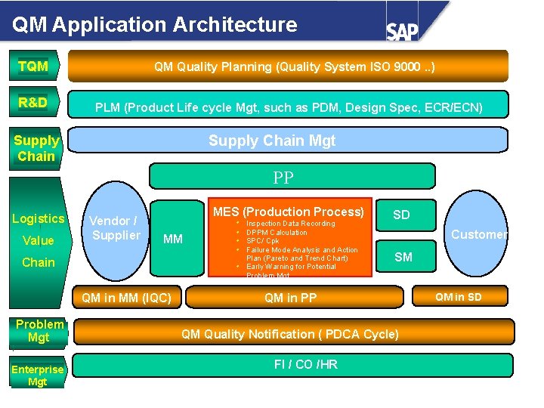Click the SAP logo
point(403,31)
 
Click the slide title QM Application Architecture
point(155,24)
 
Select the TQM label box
point(34,66)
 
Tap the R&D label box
point(34,103)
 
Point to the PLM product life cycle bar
point(289,107)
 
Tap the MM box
point(174,239)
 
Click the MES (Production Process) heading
point(289,212)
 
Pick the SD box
point(401,215)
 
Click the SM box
point(403,257)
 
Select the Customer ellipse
point(478,234)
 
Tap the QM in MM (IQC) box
point(127,298)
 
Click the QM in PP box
point(291,298)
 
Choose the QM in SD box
point(458,297)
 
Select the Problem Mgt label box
point(39,331)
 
